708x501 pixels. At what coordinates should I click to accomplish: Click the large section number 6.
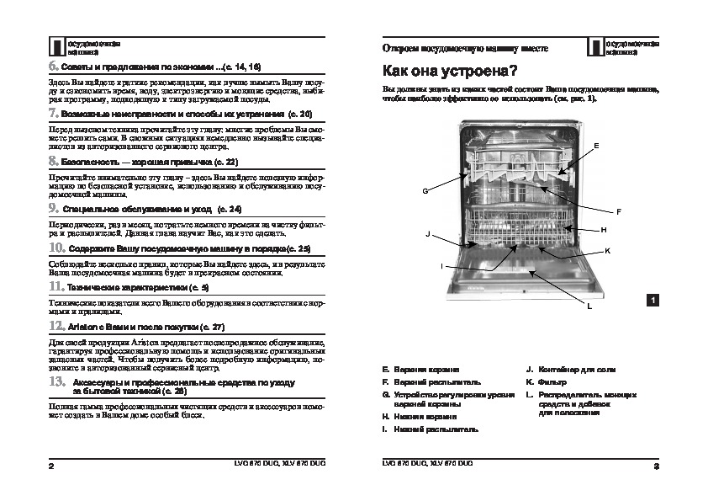53,66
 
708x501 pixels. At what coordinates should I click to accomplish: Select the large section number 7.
53,113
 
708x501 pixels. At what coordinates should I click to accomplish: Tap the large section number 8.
53,160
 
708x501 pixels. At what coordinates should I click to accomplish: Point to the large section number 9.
53,207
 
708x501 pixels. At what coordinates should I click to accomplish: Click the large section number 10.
55,248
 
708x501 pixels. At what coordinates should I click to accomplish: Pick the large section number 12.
55,325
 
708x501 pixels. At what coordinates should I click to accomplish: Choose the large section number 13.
55,381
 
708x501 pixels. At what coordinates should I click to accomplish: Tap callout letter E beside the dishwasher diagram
596,146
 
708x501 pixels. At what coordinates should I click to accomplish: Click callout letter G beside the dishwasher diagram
425,191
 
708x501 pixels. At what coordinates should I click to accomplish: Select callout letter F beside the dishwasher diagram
618,211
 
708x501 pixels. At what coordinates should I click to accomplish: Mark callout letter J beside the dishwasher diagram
428,232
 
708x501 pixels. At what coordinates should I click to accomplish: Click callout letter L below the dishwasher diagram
589,306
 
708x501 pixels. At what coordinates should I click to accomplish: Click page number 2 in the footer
52,465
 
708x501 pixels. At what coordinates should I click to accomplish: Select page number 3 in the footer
655,465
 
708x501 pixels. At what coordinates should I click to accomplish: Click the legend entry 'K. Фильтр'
547,381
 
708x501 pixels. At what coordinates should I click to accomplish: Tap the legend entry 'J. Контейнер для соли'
566,370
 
